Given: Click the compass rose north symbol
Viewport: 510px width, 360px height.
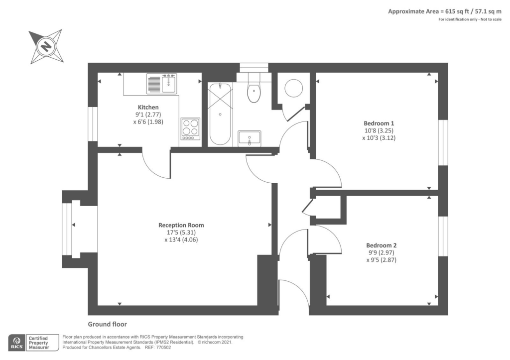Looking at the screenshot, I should coord(46,47).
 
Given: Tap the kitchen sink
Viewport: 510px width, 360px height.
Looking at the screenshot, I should coord(162,83).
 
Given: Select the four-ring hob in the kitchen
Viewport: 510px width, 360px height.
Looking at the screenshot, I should coord(190,128).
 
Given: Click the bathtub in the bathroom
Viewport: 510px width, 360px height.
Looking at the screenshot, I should coord(219,114).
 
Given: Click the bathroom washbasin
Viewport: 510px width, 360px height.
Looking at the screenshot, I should coord(250,137).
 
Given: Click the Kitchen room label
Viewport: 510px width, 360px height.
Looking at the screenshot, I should coord(148,107).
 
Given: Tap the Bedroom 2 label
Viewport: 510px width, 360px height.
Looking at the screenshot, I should coord(381,245).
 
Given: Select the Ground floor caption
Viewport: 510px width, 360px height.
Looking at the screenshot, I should coord(108,324).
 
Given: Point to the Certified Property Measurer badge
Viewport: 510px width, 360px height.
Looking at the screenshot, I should coord(38,343).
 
